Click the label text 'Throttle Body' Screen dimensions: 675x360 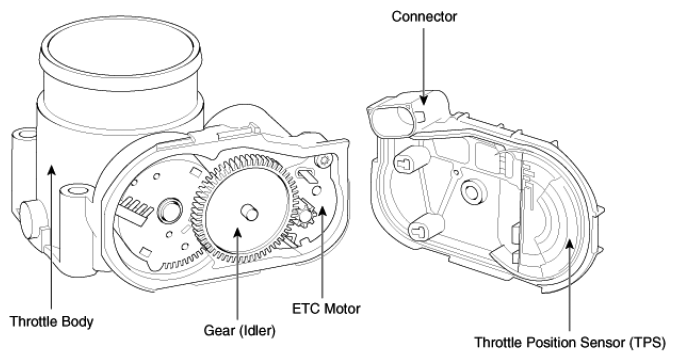pos(51,322)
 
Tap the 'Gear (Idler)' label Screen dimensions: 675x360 pos(239,331)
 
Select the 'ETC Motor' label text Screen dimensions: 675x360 pos(326,309)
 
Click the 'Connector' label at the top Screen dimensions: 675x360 pos(424,17)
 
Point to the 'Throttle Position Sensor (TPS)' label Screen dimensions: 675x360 pos(570,343)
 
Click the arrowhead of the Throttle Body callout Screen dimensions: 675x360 pos(51,169)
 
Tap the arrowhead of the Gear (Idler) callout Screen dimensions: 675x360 pos(237,233)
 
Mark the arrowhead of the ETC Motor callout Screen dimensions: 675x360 pos(322,211)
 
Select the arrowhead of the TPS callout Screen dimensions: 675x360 pos(569,244)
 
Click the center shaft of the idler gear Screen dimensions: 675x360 pos(249,211)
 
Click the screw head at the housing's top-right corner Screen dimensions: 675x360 pos(323,160)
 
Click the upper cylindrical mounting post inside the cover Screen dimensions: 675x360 pos(410,159)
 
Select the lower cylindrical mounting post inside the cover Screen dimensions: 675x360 pos(425,226)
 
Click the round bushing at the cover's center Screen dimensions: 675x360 pos(471,190)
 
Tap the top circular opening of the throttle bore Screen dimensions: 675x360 pos(120,47)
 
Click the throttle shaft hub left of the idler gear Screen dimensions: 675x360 pos(170,209)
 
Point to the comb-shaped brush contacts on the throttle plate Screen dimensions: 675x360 pos(136,211)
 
